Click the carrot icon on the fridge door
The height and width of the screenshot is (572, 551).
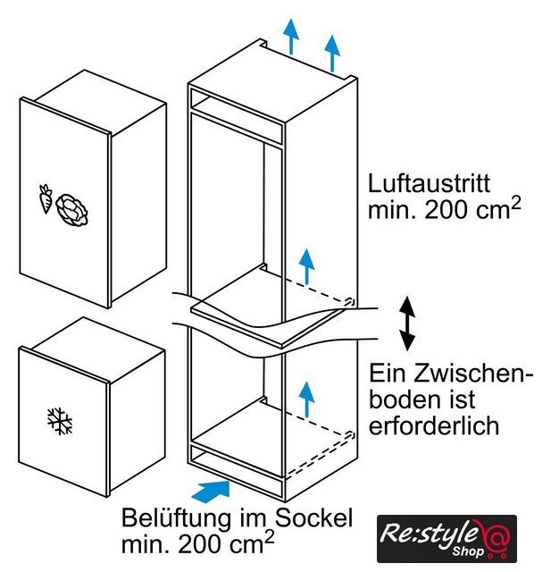(x=46, y=198)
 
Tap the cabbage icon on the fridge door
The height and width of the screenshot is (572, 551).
(x=72, y=209)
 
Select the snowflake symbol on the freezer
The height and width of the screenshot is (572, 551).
(x=60, y=421)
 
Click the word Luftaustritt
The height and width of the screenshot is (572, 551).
(x=429, y=183)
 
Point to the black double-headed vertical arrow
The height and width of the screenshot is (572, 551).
(x=407, y=324)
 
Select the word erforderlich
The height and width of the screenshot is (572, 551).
(x=434, y=425)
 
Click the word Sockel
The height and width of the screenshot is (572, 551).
(x=313, y=517)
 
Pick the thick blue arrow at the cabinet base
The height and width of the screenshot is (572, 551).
(x=211, y=489)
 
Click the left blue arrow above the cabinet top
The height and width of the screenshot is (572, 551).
(x=291, y=37)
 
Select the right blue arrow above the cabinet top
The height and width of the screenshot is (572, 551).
(x=332, y=54)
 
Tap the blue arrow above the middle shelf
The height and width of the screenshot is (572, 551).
(x=307, y=266)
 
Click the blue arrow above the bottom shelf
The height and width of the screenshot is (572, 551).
(x=307, y=400)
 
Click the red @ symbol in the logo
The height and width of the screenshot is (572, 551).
(x=495, y=538)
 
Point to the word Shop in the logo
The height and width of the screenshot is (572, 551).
(x=468, y=551)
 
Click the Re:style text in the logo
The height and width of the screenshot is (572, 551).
(x=428, y=534)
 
